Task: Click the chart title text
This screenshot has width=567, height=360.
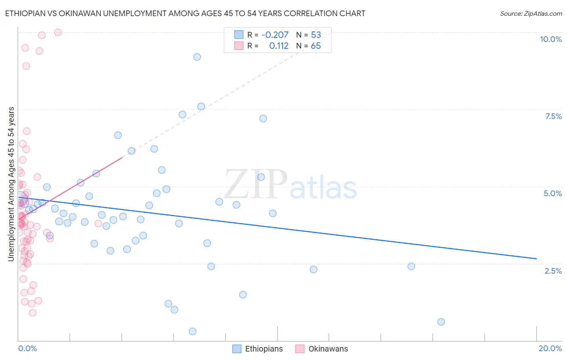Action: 185,13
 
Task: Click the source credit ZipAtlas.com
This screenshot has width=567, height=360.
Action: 531,13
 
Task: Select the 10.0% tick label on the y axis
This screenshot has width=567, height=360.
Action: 550,39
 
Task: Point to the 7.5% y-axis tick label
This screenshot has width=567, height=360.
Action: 553,116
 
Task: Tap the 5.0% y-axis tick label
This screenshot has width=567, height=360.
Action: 552,193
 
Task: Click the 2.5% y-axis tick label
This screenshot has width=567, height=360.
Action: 553,271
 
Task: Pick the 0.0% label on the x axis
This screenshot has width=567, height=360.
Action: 27,348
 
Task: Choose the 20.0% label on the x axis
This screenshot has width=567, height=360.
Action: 550,348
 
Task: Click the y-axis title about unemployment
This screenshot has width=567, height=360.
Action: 11,184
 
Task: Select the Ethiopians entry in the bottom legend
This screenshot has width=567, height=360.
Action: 264,349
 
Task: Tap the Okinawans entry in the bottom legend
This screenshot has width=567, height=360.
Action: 328,349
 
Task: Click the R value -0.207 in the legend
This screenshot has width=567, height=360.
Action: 275,35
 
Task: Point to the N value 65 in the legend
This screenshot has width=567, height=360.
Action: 316,46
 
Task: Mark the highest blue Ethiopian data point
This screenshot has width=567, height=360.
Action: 197,57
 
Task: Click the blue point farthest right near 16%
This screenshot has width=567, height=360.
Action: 441,322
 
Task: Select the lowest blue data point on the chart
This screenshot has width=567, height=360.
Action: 192,331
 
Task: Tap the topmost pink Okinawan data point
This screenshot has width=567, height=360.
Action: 58,32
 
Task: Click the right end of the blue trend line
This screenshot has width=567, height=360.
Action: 536,258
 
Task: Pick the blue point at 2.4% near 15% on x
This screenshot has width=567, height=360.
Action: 411,266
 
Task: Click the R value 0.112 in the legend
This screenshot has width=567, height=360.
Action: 279,46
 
